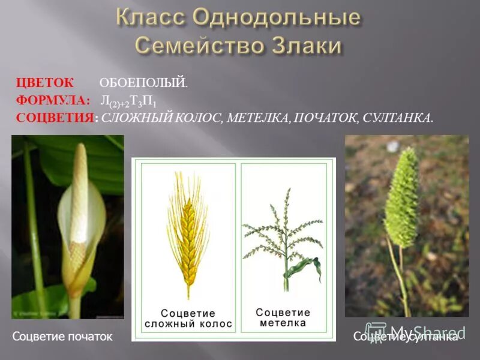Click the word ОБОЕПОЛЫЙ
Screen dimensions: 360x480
click(x=143, y=83)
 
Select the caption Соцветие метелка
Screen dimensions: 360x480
click(x=283, y=317)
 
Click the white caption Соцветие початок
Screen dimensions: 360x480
click(x=62, y=337)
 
